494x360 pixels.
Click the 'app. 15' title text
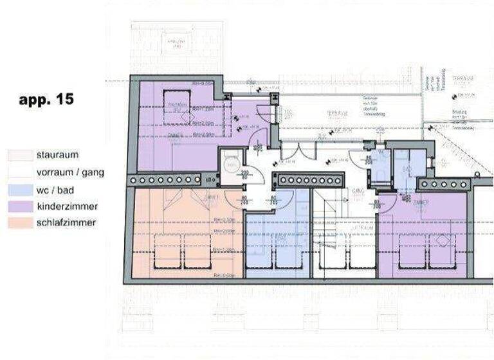pos(46,100)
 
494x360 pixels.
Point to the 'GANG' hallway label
pos(358,191)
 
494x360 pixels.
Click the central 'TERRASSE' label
pos(337,114)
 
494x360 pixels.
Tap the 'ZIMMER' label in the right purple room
pos(421,202)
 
